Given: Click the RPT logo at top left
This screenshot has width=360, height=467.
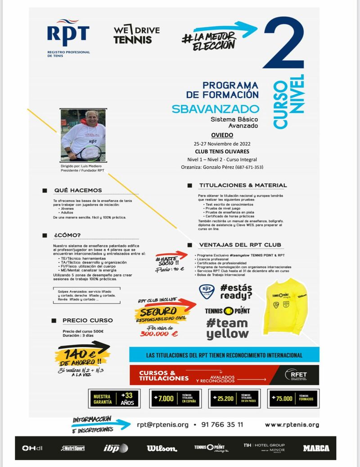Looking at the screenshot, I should [68, 36].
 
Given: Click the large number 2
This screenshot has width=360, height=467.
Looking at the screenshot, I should [284, 45].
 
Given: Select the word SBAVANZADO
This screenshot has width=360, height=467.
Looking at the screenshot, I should [215, 109].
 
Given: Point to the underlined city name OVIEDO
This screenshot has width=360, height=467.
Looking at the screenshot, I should [222, 135].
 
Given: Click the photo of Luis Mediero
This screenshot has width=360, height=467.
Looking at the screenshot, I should [83, 135].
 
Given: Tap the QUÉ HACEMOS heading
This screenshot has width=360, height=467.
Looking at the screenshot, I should [78, 190].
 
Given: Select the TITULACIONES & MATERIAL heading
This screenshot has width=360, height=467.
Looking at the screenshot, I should [243, 185].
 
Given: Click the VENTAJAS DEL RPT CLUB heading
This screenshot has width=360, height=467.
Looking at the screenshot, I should [240, 245].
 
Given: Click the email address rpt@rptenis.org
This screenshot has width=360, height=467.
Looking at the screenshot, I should [162, 424].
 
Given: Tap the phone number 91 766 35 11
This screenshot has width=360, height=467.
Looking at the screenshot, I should [223, 424].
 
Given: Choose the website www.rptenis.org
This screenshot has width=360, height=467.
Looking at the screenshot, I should [292, 424].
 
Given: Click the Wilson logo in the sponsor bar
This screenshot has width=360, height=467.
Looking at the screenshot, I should [162, 448].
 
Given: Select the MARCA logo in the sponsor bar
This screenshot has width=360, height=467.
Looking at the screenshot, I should [316, 448].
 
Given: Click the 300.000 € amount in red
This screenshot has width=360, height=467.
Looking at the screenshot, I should [159, 333].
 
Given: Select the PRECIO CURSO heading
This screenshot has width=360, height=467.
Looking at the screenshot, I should [87, 320].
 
